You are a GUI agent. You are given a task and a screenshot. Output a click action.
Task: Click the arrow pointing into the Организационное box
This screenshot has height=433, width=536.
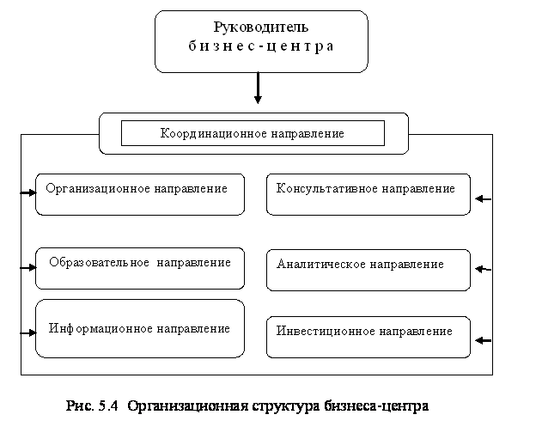point(28,193)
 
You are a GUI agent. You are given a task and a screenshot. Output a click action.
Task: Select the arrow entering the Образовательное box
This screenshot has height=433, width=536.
point(28,268)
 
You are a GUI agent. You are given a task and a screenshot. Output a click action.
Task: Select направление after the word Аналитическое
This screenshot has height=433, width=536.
point(407,264)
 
